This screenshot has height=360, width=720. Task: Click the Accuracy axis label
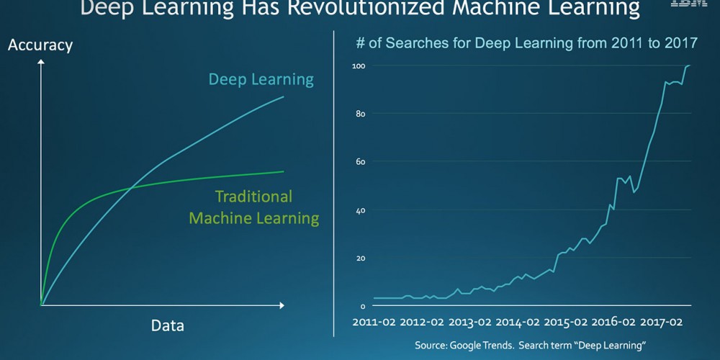(40, 45)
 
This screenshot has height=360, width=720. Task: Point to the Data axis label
(167, 325)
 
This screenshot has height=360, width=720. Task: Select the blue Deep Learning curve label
(261, 79)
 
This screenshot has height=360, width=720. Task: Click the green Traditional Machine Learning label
(253, 207)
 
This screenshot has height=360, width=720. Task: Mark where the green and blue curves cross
(131, 189)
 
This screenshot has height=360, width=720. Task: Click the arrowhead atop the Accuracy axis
(41, 62)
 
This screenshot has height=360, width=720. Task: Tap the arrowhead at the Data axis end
(281, 305)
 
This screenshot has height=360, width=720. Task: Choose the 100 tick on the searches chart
(358, 66)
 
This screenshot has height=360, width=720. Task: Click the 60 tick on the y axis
(359, 162)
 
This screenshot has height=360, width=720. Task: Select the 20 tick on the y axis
(359, 258)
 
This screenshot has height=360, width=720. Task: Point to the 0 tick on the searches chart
(362, 306)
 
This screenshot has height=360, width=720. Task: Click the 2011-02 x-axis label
(374, 322)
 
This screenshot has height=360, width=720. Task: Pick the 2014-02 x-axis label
(516, 322)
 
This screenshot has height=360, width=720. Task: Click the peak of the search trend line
(688, 66)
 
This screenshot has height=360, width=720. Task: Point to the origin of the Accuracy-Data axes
(41, 305)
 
